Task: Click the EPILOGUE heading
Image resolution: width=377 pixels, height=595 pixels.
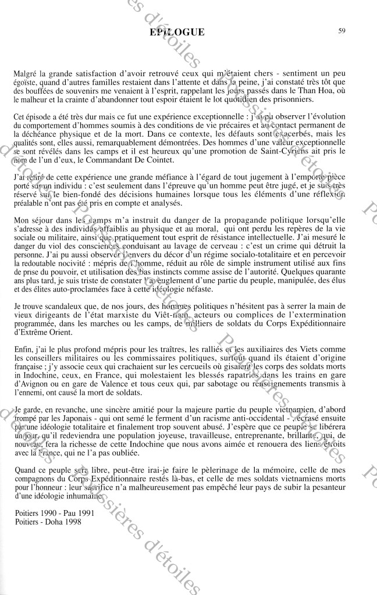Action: click(x=177, y=33)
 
